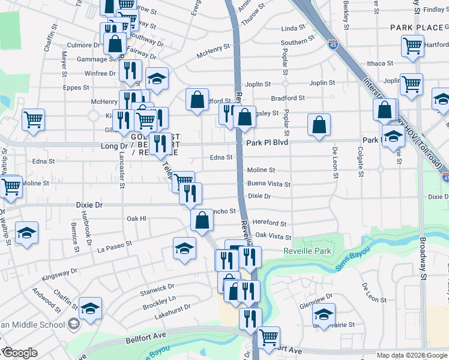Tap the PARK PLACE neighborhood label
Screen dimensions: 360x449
point(415,28)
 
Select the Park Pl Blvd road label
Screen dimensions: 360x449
point(267,143)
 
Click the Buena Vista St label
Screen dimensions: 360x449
point(269,185)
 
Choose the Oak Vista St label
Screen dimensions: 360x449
point(273,237)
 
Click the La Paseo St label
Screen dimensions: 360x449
point(115,245)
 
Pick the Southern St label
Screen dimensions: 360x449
point(298,42)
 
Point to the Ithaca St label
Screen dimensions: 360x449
point(381,63)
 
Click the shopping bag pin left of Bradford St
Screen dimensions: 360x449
point(197,100)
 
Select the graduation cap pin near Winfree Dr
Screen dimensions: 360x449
point(157,79)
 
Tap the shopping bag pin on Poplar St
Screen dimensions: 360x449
point(320,125)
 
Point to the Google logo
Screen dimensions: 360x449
point(20,353)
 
